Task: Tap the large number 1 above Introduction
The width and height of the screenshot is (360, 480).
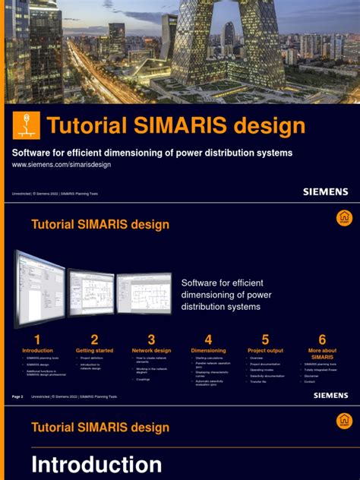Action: tap(37, 339)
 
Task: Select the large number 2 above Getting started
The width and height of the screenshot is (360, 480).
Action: tap(94, 339)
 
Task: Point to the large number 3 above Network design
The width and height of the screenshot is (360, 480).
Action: tap(151, 339)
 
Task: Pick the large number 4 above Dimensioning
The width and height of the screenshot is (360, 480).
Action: tap(208, 339)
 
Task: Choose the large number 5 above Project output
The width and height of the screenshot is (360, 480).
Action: tap(265, 339)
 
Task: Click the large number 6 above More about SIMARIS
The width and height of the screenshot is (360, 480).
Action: tap(322, 339)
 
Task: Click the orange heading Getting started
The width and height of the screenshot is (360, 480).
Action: tap(94, 351)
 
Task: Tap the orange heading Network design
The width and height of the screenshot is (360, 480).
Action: tap(151, 351)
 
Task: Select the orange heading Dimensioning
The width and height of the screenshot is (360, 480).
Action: tap(208, 351)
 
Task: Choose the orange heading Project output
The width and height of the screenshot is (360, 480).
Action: tap(265, 351)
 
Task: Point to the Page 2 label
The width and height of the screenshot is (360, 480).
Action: tap(18, 396)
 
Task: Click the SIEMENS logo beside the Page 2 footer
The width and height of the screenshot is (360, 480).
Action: tap(326, 396)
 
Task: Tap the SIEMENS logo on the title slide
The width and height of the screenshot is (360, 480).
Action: tap(326, 192)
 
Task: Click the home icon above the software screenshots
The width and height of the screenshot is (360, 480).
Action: tap(344, 218)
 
